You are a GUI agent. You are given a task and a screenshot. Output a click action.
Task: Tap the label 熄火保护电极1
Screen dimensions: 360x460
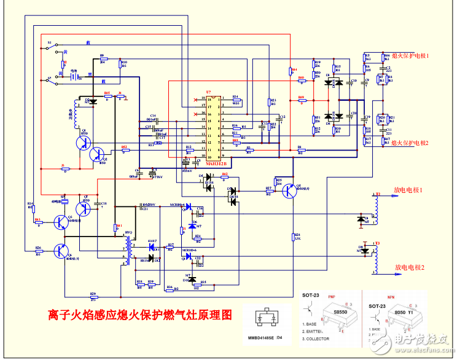coord(410,55)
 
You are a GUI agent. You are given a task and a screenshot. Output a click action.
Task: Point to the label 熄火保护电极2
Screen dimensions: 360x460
coord(410,143)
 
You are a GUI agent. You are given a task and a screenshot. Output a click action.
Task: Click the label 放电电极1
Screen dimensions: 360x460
coord(409,190)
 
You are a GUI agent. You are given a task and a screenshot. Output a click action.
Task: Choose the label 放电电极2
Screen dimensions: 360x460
coord(409,267)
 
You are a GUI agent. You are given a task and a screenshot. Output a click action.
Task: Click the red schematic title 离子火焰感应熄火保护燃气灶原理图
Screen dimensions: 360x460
coord(140,315)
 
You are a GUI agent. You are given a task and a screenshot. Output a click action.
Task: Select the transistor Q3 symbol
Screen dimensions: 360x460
coord(61,222)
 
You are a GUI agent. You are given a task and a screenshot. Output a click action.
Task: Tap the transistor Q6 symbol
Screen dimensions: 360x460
coord(61,251)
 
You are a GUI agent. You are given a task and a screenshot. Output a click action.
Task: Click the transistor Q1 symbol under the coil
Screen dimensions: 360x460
coord(84,143)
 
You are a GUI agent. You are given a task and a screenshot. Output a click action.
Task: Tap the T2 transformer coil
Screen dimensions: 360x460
coord(376,209)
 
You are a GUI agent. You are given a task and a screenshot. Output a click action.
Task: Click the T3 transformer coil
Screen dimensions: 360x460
coord(376,258)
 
